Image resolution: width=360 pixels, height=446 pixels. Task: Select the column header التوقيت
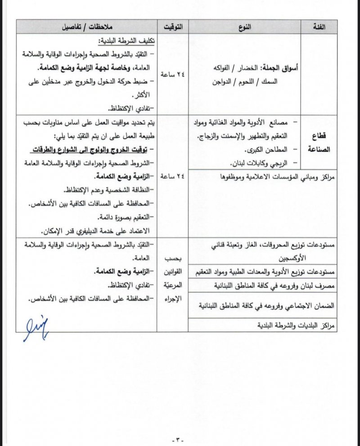tap(173, 27)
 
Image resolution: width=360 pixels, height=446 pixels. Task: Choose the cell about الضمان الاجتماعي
tap(268, 304)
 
